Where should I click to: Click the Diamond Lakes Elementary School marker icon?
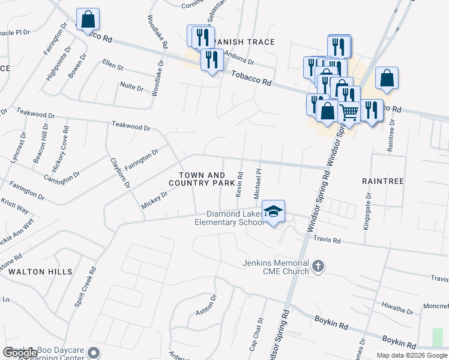[x=274, y=212]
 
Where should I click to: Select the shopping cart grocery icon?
[x=349, y=112]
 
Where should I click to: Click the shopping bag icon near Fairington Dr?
[x=88, y=20]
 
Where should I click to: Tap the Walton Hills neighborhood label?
[x=40, y=272]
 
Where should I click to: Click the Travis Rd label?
[x=327, y=239]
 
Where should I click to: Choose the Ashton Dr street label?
[x=205, y=305]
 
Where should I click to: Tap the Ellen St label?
[x=112, y=63]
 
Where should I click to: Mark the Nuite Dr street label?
[x=132, y=88]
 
